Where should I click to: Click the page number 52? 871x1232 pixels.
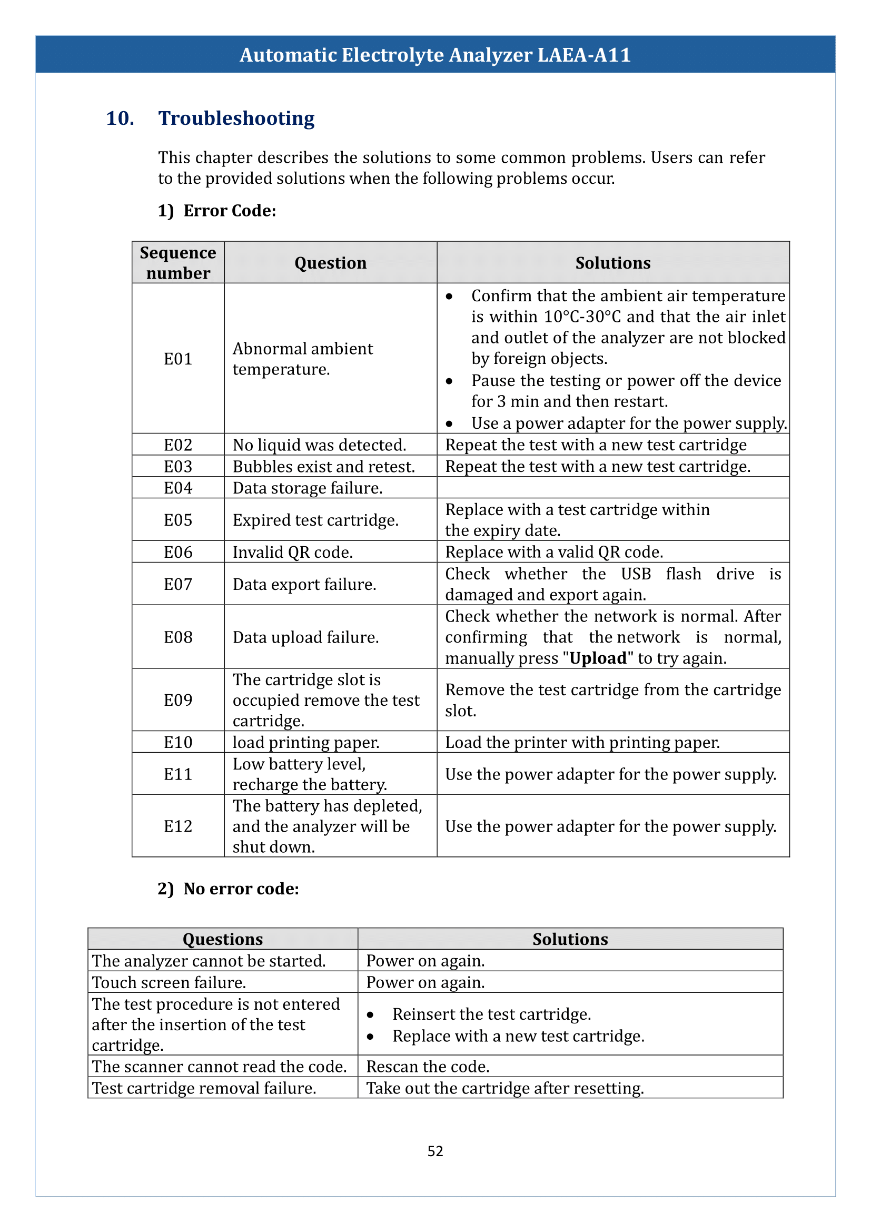[x=435, y=1150]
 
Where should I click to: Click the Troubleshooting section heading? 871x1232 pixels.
[x=236, y=118]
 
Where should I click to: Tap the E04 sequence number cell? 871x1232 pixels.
[x=177, y=488]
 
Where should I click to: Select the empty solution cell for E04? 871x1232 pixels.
[x=612, y=488]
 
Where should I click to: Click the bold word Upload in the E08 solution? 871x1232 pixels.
[x=598, y=658]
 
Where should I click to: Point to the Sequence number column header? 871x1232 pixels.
[x=177, y=262]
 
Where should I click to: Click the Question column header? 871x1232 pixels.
[x=330, y=263]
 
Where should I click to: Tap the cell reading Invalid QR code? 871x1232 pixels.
[x=293, y=552]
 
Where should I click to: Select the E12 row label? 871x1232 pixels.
[x=177, y=826]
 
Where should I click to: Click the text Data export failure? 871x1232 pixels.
[x=304, y=584]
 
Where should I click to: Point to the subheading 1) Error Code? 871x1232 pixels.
[x=217, y=211]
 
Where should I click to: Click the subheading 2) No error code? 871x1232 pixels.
[x=229, y=889]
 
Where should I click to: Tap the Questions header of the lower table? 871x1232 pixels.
[x=223, y=939]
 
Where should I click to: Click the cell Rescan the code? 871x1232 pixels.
[x=428, y=1067]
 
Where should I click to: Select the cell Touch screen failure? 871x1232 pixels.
[x=169, y=982]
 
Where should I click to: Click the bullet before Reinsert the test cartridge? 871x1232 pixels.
[x=370, y=1015]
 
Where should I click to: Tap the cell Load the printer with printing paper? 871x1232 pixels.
[x=582, y=743]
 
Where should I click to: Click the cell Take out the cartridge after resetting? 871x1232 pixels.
[x=504, y=1088]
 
